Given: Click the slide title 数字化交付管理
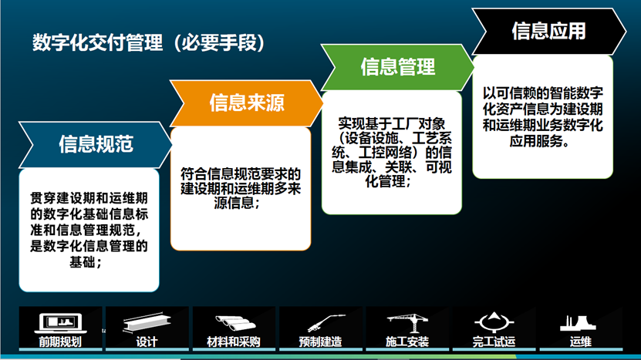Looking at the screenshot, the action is click(x=97, y=43).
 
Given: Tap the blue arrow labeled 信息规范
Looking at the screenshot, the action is click(x=96, y=145).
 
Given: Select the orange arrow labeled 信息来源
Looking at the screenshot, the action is click(x=247, y=103).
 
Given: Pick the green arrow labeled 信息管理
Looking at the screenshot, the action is click(x=398, y=67).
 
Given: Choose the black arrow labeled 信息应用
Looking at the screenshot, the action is click(x=549, y=31).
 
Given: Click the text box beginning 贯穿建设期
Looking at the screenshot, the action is click(x=89, y=230).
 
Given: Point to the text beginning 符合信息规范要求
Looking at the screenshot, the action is click(x=241, y=188).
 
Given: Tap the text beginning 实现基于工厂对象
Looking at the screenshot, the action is click(x=392, y=152).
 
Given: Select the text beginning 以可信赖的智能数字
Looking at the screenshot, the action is click(x=542, y=117).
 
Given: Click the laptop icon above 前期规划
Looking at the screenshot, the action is click(x=60, y=324).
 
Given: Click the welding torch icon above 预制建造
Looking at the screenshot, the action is click(x=326, y=323).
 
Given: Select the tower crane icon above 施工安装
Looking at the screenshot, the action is click(x=407, y=323).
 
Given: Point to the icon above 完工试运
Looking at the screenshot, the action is click(x=494, y=322).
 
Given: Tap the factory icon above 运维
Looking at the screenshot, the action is click(x=578, y=323).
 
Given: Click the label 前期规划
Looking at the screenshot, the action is click(x=60, y=341).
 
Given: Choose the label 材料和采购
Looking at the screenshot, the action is click(x=234, y=341).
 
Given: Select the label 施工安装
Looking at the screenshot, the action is click(x=407, y=341).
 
